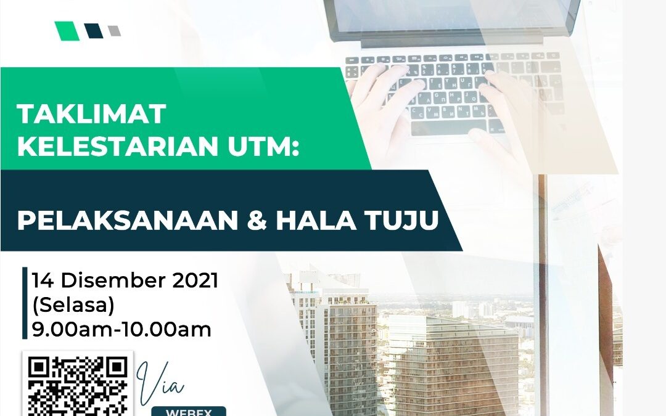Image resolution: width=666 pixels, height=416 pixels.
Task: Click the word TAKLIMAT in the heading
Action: (91, 114)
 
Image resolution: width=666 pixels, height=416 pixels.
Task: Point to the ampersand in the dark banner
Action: (257, 221)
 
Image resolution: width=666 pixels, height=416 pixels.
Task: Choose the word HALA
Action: (316, 220)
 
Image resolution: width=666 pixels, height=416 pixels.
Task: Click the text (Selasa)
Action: (73, 305)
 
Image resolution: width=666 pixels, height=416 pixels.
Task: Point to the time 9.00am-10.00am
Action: (121, 330)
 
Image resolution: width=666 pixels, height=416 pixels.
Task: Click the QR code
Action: (78, 384)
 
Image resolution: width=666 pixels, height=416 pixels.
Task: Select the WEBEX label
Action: (189, 412)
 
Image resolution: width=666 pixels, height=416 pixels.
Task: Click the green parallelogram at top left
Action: (67, 31)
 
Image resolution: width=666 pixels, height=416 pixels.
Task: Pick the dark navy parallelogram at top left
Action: (94, 31)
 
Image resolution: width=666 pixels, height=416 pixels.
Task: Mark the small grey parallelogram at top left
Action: (114, 31)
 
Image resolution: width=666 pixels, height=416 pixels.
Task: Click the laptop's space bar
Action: (448, 126)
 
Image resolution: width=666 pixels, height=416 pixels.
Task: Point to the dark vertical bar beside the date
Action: (25, 303)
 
